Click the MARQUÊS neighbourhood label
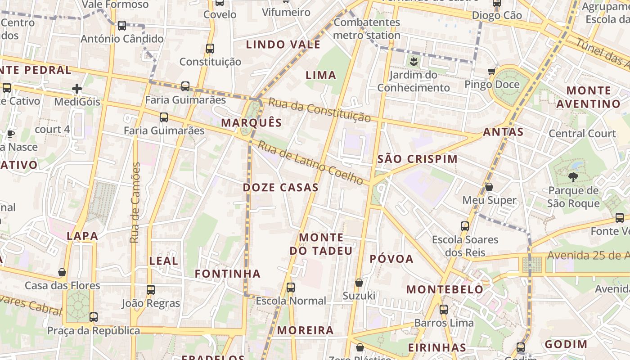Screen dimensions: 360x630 coord(251,123)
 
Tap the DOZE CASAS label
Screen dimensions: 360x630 coord(280,188)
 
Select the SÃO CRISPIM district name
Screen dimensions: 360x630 coord(417,159)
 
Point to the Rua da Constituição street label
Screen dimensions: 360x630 coord(319,110)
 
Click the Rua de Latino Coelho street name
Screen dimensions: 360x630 coord(310,163)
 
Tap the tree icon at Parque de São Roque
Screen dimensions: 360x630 coord(573,177)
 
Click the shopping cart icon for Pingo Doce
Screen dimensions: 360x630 coord(492,71)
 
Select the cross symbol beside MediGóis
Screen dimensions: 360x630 coord(77,89)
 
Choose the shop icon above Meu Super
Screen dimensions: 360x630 coord(489,187)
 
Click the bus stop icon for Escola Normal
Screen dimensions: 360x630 coord(291,287)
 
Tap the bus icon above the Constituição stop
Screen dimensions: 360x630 coord(210,49)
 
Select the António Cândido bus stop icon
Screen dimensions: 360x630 coord(122,26)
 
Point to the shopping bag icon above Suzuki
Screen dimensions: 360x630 coord(359,283)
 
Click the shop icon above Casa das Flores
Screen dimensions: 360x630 coord(62,272)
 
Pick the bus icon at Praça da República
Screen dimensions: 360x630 coord(94,317)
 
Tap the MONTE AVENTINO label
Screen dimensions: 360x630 coord(589,97)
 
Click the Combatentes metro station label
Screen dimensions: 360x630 coord(367,29)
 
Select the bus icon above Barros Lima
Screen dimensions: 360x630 coord(444,310)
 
